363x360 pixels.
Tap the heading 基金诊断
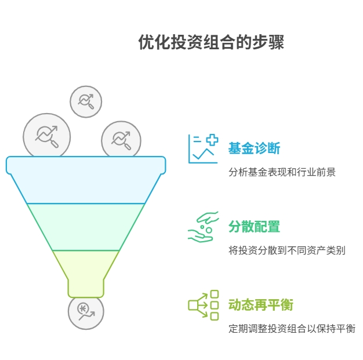[254, 148]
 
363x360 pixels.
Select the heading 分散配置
[254, 226]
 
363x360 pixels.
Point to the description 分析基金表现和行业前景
[282, 172]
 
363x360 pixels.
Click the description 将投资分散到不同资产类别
[287, 250]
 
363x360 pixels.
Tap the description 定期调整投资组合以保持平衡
[292, 329]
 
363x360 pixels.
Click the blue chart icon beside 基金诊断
[202, 148]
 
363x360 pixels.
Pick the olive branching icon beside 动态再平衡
[203, 305]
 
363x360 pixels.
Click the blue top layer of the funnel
[86, 180]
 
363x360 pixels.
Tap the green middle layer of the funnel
[86, 226]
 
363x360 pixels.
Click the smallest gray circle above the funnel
[86, 101]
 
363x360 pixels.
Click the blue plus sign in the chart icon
[212, 140]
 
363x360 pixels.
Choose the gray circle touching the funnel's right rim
[121, 139]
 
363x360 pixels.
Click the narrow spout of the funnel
[86, 287]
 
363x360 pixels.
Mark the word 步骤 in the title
[270, 43]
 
